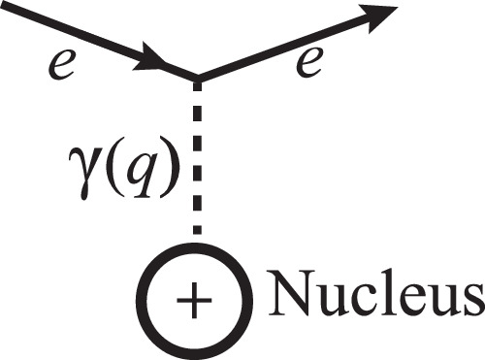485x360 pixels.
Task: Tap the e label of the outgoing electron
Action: pyautogui.click(x=309, y=65)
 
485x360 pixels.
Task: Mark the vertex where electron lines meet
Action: pyautogui.click(x=199, y=78)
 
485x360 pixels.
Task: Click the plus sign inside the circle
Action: pyautogui.click(x=198, y=300)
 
